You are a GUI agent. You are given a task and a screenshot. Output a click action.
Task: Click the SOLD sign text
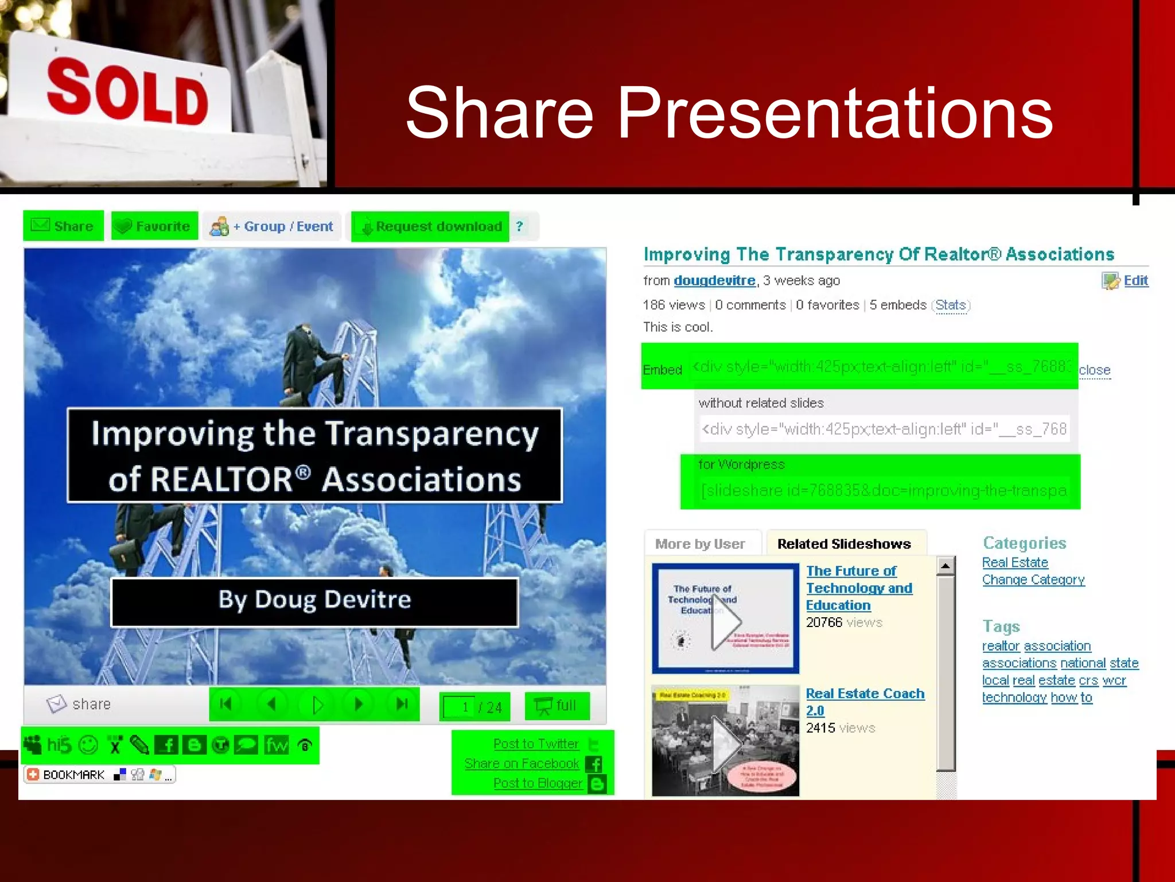pyautogui.click(x=127, y=92)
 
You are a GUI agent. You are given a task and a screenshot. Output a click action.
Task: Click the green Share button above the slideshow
pyautogui.click(x=63, y=226)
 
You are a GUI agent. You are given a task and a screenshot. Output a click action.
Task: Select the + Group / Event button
pyautogui.click(x=272, y=226)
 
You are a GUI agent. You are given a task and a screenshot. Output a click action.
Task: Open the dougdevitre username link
pyautogui.click(x=714, y=281)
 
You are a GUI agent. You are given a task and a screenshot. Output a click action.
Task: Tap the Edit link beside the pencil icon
pyautogui.click(x=1135, y=280)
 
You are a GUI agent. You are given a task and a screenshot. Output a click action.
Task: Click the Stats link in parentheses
pyautogui.click(x=951, y=305)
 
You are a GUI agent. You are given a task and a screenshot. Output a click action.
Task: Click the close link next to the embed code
pyautogui.click(x=1094, y=370)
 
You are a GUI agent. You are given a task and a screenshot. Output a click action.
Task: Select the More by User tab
pyautogui.click(x=700, y=544)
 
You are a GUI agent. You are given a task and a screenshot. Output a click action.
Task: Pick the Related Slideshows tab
pyautogui.click(x=844, y=544)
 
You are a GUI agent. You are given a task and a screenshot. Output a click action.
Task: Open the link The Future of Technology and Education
pyautogui.click(x=858, y=588)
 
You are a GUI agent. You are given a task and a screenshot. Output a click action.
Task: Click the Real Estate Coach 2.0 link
pyautogui.click(x=865, y=694)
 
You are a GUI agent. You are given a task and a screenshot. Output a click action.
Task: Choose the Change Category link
pyautogui.click(x=1033, y=580)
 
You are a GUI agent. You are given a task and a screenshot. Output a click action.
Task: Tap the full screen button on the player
pyautogui.click(x=557, y=706)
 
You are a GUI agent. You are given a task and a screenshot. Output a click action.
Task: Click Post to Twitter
pyautogui.click(x=536, y=744)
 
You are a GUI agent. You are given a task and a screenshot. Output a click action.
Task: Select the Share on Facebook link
pyautogui.click(x=522, y=764)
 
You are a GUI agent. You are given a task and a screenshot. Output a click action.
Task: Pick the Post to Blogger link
pyautogui.click(x=538, y=783)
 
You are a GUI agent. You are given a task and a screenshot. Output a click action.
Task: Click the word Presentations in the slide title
pyautogui.click(x=835, y=113)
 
